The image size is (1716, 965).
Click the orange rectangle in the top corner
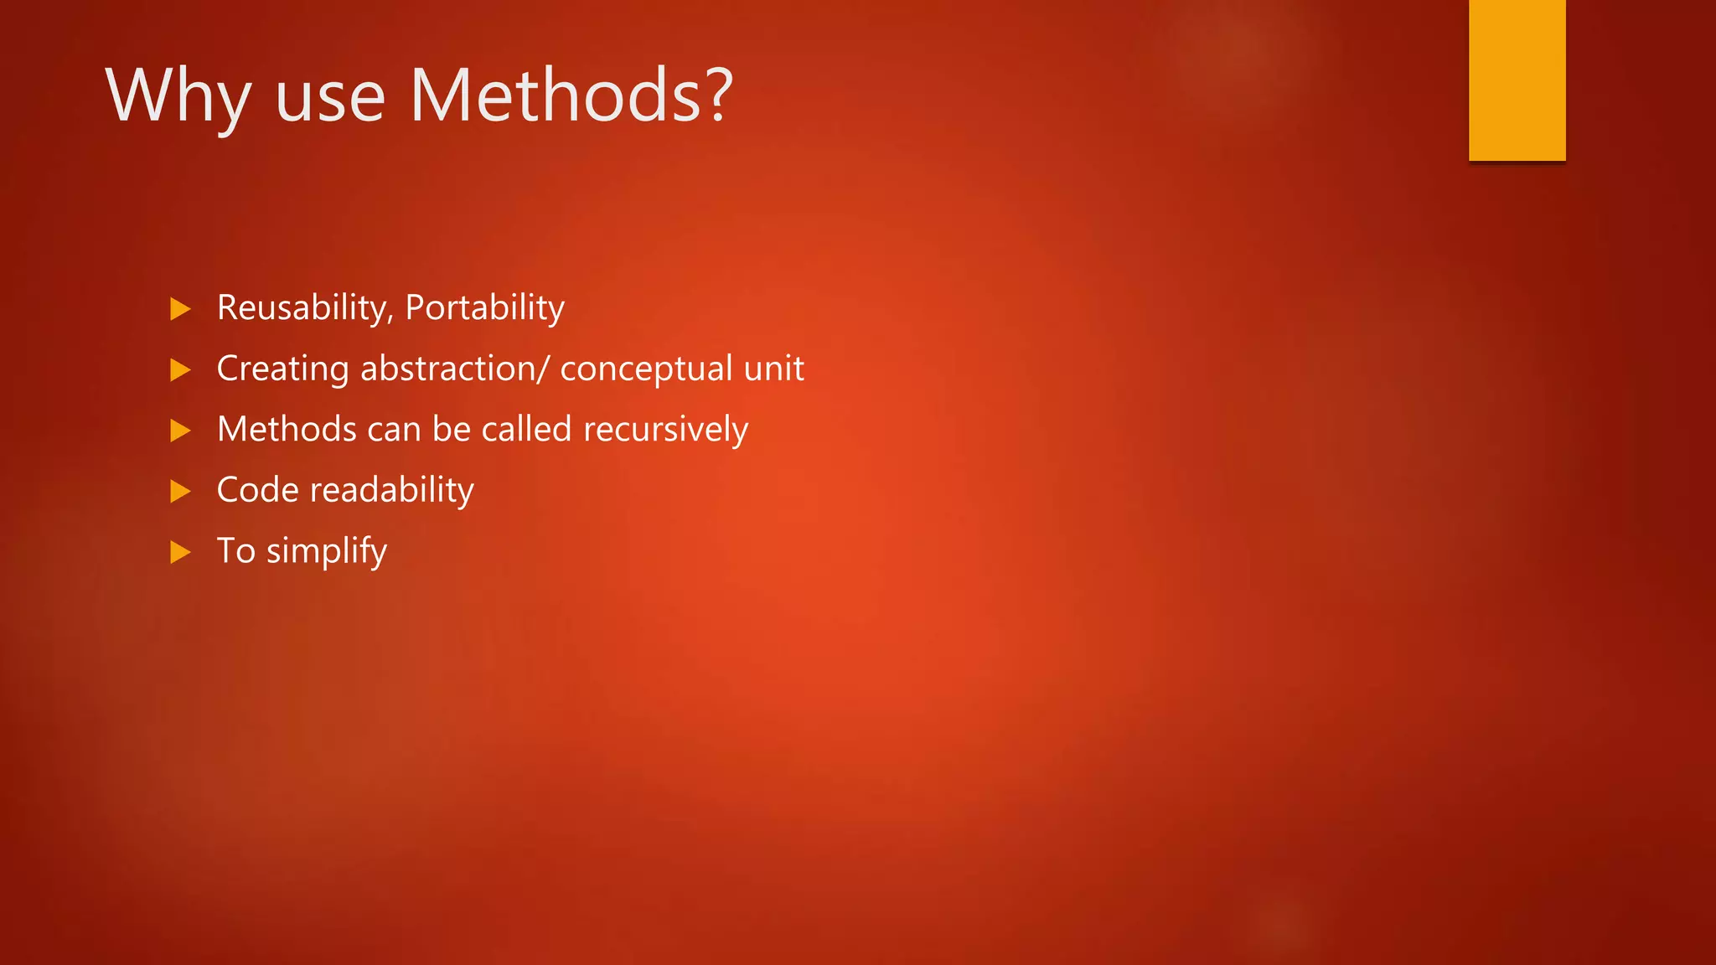[x=1517, y=80]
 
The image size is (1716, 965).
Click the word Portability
[x=485, y=308]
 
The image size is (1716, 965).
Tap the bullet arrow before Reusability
[x=180, y=309]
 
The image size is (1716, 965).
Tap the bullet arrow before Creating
[x=180, y=369]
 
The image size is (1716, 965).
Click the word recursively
[x=665, y=430]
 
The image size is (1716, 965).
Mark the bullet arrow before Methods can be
[x=180, y=431]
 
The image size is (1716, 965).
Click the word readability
[x=391, y=491]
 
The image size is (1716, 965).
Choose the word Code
[x=257, y=490]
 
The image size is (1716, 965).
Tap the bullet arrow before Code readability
[x=180, y=491]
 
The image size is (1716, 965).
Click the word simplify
[x=327, y=552]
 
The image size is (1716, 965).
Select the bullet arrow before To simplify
[x=180, y=552]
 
